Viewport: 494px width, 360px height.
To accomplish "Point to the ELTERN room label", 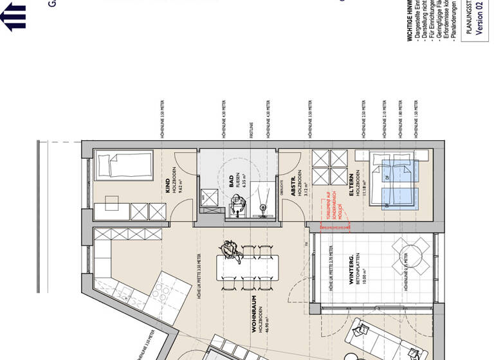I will click(351, 183).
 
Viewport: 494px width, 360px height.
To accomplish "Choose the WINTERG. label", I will click(351, 265).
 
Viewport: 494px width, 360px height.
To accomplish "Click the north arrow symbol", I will click(14, 15).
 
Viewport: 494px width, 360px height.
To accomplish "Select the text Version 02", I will click(479, 19).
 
